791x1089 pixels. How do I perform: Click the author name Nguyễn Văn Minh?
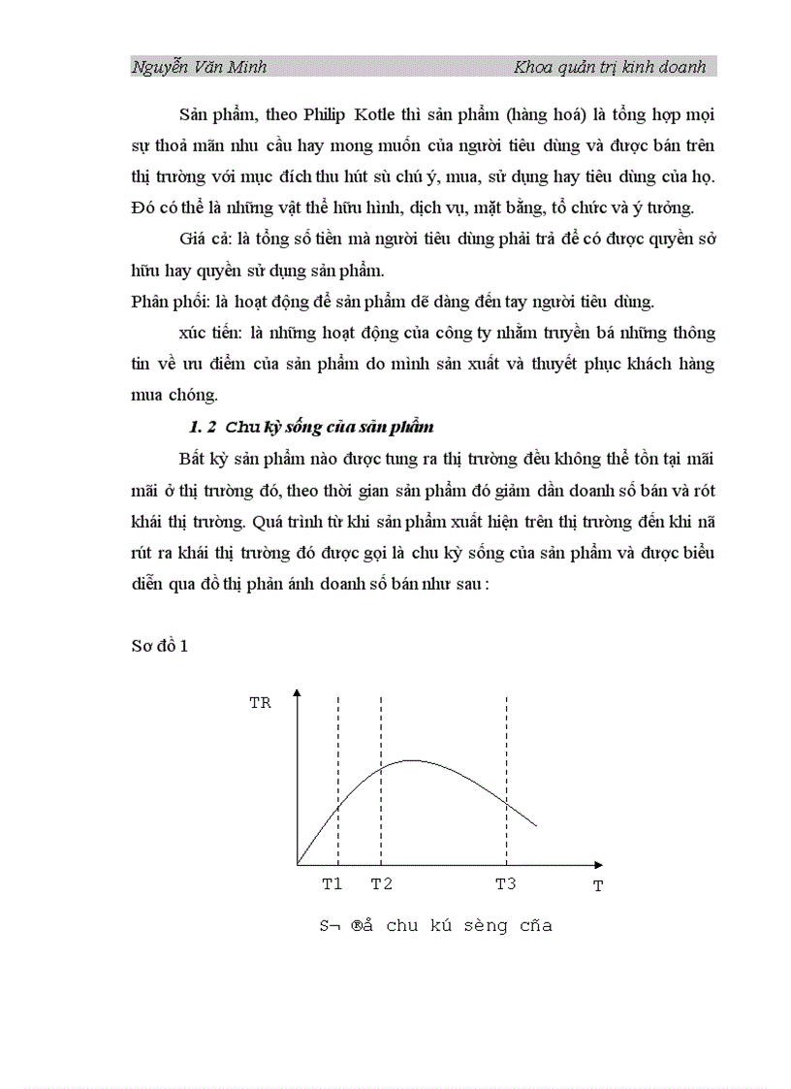coord(199,67)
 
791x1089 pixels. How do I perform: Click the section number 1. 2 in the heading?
coord(206,427)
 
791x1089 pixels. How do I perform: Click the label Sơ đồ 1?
coord(159,647)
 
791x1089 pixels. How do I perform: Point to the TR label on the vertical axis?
coord(260,703)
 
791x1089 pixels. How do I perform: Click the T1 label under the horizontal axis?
coord(332,883)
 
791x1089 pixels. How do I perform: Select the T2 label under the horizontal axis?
coord(381,883)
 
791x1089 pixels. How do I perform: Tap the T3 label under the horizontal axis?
coord(506,883)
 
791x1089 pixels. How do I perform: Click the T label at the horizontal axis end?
coord(598,885)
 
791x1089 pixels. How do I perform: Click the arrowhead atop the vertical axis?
coord(298,692)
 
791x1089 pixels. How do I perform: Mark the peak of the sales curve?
coord(412,760)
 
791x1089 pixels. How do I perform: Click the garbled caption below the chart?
coord(436,925)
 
